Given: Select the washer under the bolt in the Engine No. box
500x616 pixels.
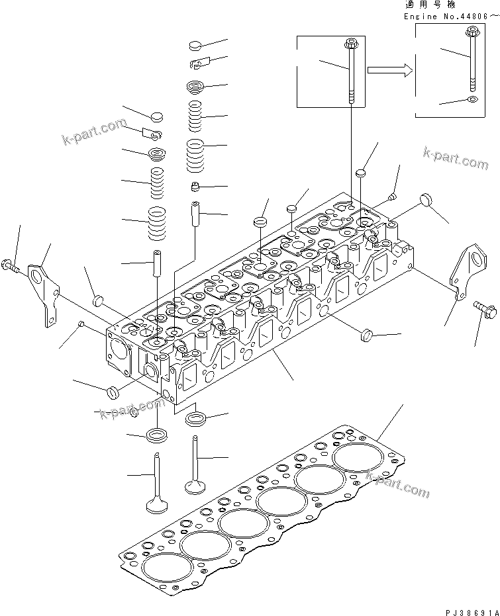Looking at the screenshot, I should (x=471, y=99).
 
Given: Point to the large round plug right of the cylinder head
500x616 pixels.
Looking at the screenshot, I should (x=425, y=201).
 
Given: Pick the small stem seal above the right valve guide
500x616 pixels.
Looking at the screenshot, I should (x=195, y=185).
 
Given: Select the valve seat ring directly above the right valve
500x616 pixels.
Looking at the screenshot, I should (x=196, y=418).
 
